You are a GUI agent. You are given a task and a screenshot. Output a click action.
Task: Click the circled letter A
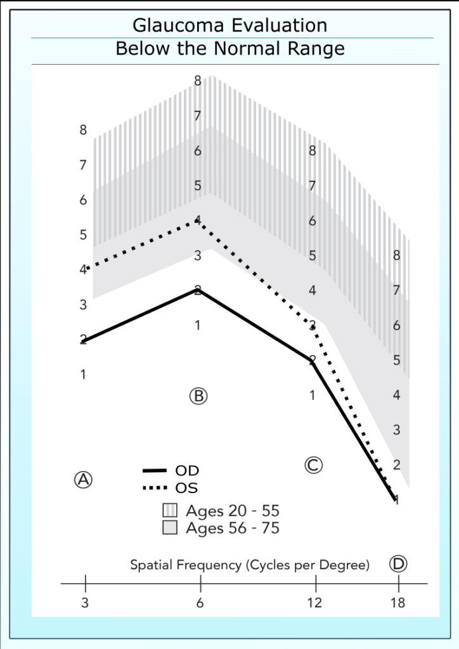coord(83,479)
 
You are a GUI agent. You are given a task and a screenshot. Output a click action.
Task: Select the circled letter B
coord(198,395)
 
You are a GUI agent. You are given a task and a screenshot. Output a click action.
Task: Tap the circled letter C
coord(313,465)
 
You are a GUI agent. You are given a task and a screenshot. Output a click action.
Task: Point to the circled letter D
coord(398,563)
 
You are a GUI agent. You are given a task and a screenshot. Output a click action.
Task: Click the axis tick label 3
coord(85,603)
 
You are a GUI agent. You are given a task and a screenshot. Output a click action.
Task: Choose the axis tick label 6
coord(200,603)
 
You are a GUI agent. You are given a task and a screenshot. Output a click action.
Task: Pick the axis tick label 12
coord(314,603)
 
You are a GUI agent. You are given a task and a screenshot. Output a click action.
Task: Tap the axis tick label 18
coord(398,603)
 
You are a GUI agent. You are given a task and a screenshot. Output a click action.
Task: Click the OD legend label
coord(186,471)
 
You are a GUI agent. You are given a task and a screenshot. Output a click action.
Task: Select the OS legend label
coord(186,488)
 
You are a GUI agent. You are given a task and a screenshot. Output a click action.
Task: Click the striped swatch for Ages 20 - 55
coord(170,511)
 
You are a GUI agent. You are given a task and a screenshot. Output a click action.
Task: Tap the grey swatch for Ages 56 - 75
coord(170,528)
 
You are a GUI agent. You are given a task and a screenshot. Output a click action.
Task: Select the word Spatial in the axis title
coord(152,565)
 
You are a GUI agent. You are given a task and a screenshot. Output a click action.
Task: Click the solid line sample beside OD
coord(154,471)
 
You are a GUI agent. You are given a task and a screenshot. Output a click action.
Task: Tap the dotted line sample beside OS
coord(154,488)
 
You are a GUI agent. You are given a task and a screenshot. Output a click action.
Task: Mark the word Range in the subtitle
coord(321,49)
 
